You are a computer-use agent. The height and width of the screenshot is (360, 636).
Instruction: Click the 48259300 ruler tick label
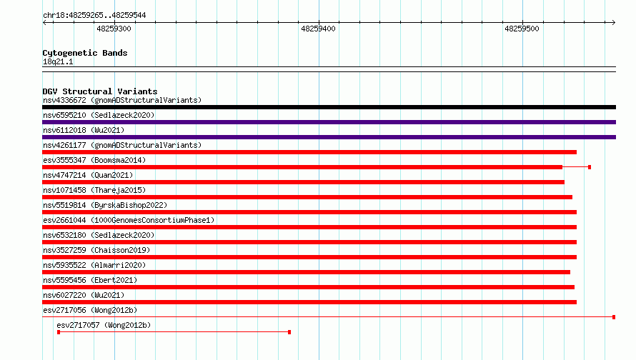pyautogui.click(x=114, y=29)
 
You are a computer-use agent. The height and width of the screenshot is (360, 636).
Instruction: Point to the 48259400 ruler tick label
pyautogui.click(x=318, y=29)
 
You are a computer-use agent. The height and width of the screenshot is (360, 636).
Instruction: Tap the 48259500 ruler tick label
pyautogui.click(x=522, y=29)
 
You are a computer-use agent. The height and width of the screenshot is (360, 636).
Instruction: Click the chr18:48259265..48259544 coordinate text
pyautogui.click(x=94, y=16)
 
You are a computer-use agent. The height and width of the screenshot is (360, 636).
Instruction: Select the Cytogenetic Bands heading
pyautogui.click(x=85, y=53)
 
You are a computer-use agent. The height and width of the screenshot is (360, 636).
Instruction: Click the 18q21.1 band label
pyautogui.click(x=58, y=61)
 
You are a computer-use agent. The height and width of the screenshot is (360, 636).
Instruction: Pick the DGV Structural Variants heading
pyautogui.click(x=100, y=91)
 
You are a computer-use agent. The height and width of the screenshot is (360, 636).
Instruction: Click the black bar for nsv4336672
pyautogui.click(x=329, y=107)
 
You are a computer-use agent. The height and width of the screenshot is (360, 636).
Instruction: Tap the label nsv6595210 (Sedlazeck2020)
pyautogui.click(x=99, y=115)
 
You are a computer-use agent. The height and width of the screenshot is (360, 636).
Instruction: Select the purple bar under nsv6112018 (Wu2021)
pyautogui.click(x=329, y=137)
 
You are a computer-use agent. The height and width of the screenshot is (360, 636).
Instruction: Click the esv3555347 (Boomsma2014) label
pyautogui.click(x=94, y=160)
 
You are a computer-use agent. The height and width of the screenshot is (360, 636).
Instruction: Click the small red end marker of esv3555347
pyautogui.click(x=590, y=167)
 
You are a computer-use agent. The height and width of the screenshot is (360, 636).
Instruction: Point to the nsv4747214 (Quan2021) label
pyautogui.click(x=88, y=175)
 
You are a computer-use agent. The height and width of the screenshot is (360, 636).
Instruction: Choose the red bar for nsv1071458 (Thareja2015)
pyautogui.click(x=307, y=197)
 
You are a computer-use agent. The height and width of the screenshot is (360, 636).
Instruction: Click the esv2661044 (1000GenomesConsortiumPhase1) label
pyautogui.click(x=129, y=220)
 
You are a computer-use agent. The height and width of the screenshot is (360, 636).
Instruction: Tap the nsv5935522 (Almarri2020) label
pyautogui.click(x=94, y=265)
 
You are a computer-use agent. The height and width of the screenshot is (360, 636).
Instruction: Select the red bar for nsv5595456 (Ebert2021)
pyautogui.click(x=308, y=287)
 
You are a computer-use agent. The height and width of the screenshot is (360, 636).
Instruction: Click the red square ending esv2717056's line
pyautogui.click(x=614, y=317)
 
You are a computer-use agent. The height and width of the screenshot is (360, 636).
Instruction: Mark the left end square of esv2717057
pyautogui.click(x=59, y=332)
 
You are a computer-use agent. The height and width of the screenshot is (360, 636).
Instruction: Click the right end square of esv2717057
pyautogui.click(x=289, y=332)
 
